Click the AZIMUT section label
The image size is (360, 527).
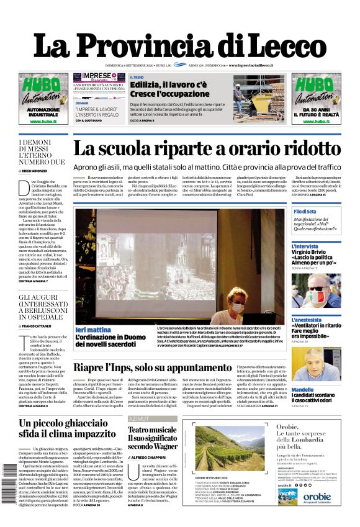[x=139, y=419]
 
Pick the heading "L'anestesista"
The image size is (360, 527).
[x=310, y=320]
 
